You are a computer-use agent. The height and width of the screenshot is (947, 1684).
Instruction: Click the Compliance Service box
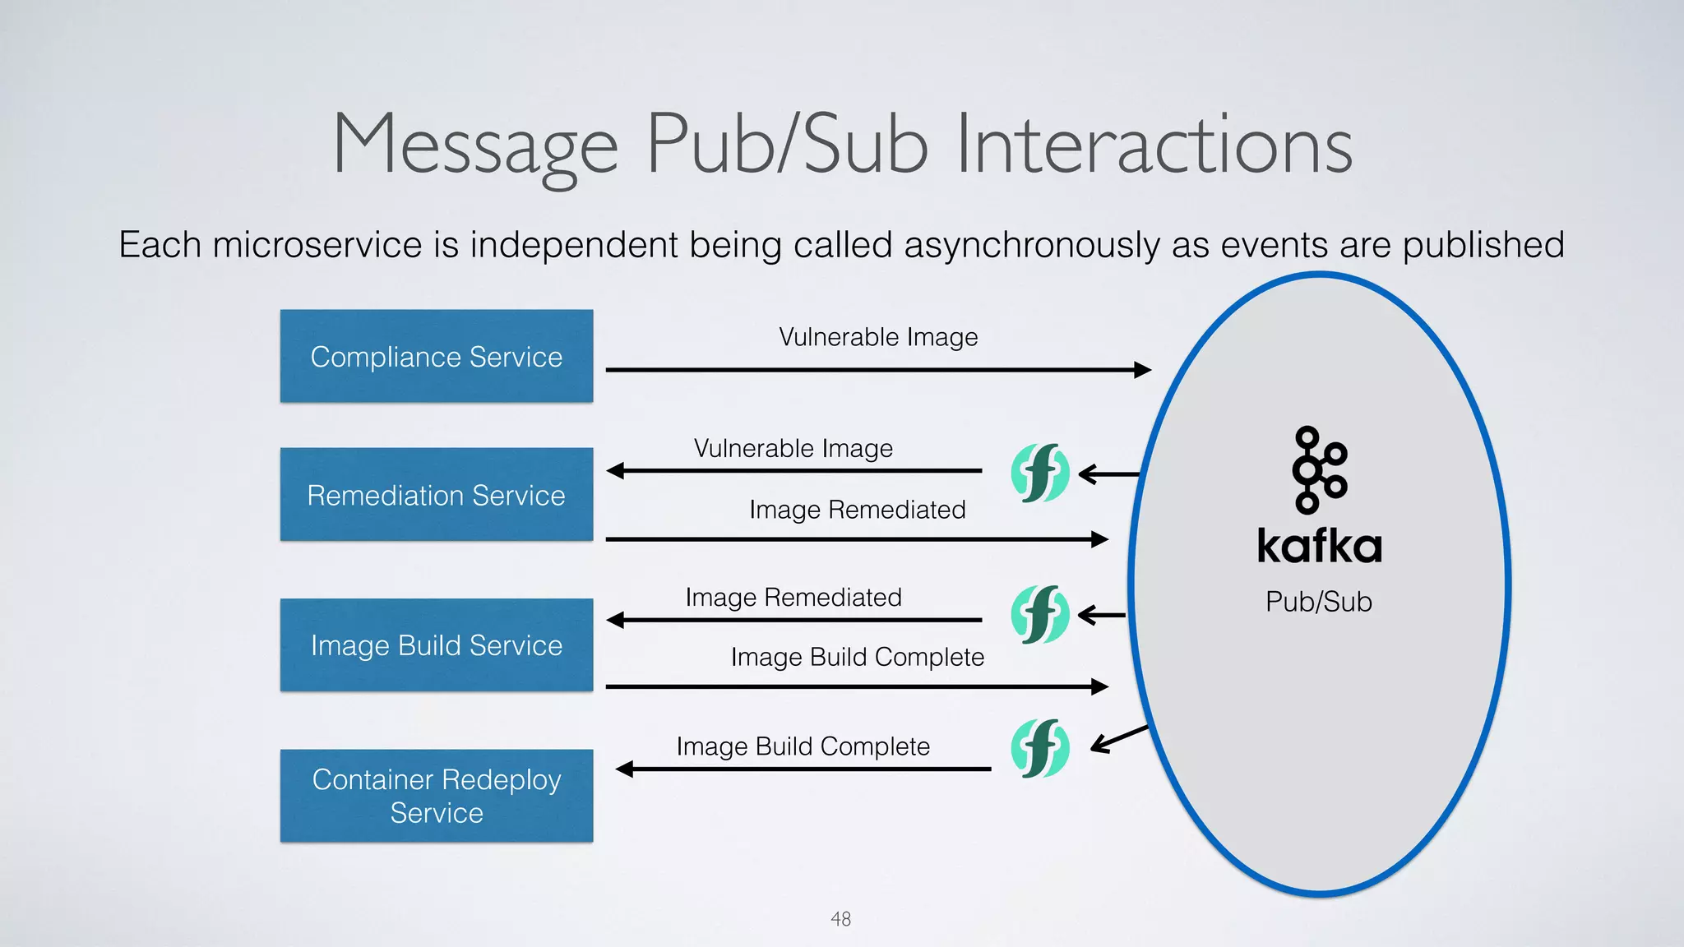436,356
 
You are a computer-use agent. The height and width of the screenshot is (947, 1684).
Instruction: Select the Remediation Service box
436,494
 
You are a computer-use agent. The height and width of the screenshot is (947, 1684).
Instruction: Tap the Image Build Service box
436,644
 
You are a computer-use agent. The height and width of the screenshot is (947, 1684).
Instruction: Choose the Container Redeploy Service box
436,795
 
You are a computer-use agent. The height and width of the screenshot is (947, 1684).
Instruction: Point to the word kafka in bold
1319,546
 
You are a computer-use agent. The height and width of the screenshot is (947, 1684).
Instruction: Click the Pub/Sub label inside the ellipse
1318,601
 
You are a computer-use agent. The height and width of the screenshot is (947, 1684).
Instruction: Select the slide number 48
840,918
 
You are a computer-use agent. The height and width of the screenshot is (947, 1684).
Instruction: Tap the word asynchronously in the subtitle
1031,245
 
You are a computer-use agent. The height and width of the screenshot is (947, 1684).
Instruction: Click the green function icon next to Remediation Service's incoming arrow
1039,473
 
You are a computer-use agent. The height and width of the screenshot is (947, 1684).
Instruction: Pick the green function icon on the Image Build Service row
1039,614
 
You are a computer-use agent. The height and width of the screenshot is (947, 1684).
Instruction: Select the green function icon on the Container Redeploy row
1039,748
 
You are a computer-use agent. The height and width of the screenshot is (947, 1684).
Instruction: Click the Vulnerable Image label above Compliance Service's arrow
877,337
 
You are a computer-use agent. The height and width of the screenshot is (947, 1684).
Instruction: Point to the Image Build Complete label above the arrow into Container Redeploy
803,746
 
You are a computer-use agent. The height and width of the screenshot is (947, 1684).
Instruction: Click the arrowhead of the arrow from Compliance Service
1142,370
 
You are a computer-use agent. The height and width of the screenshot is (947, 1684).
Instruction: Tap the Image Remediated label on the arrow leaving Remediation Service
857,510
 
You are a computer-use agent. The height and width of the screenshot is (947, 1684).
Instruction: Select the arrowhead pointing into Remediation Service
616,471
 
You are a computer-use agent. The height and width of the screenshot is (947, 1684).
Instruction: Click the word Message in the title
474,146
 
